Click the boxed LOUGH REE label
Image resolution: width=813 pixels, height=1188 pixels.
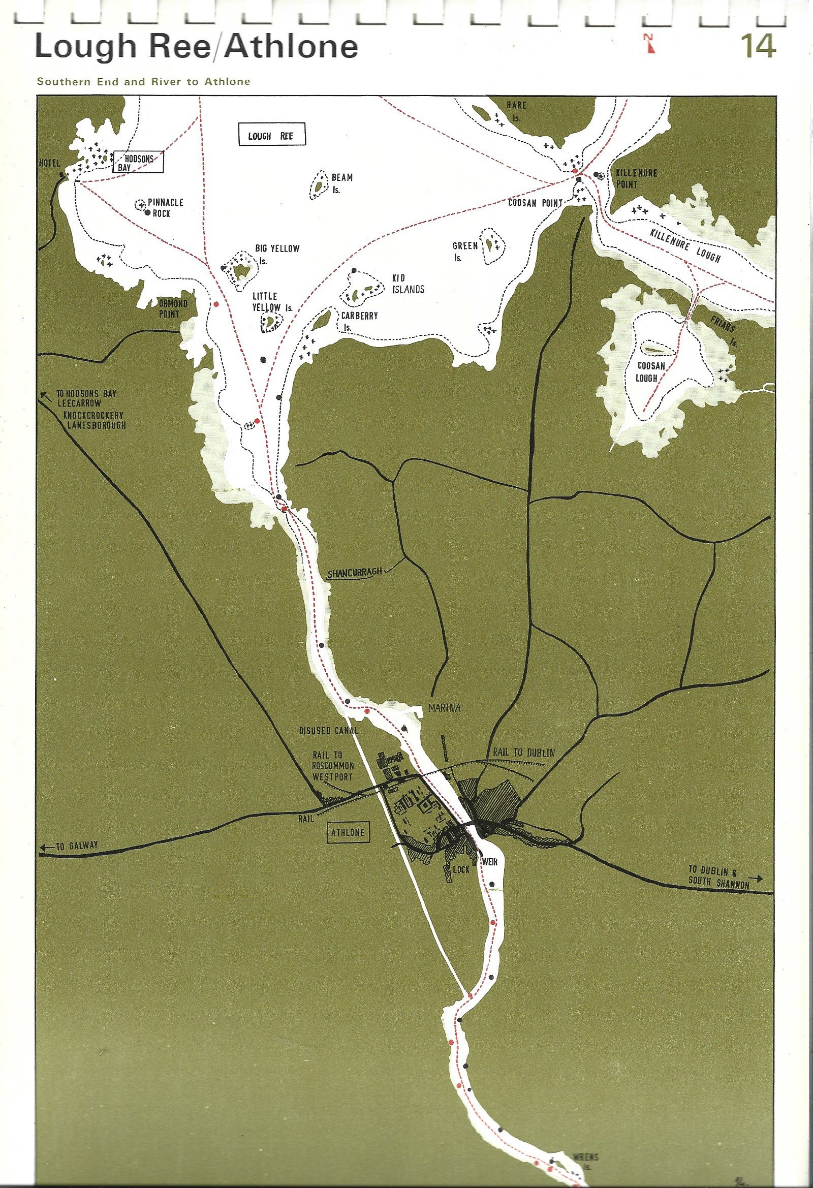pyautogui.click(x=271, y=136)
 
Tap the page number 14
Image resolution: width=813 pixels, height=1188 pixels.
pyautogui.click(x=759, y=47)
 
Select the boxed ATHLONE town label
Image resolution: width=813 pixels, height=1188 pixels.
pyautogui.click(x=348, y=832)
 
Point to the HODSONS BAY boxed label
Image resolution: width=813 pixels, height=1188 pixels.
pyautogui.click(x=139, y=163)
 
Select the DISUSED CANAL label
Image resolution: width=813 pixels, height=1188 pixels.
pyautogui.click(x=329, y=731)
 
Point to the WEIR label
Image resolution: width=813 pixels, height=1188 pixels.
pyautogui.click(x=489, y=862)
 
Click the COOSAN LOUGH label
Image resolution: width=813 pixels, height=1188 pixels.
pyautogui.click(x=651, y=372)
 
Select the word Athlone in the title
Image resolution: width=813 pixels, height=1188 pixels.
pyautogui.click(x=292, y=47)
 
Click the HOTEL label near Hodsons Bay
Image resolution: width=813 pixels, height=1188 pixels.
pyautogui.click(x=50, y=164)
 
